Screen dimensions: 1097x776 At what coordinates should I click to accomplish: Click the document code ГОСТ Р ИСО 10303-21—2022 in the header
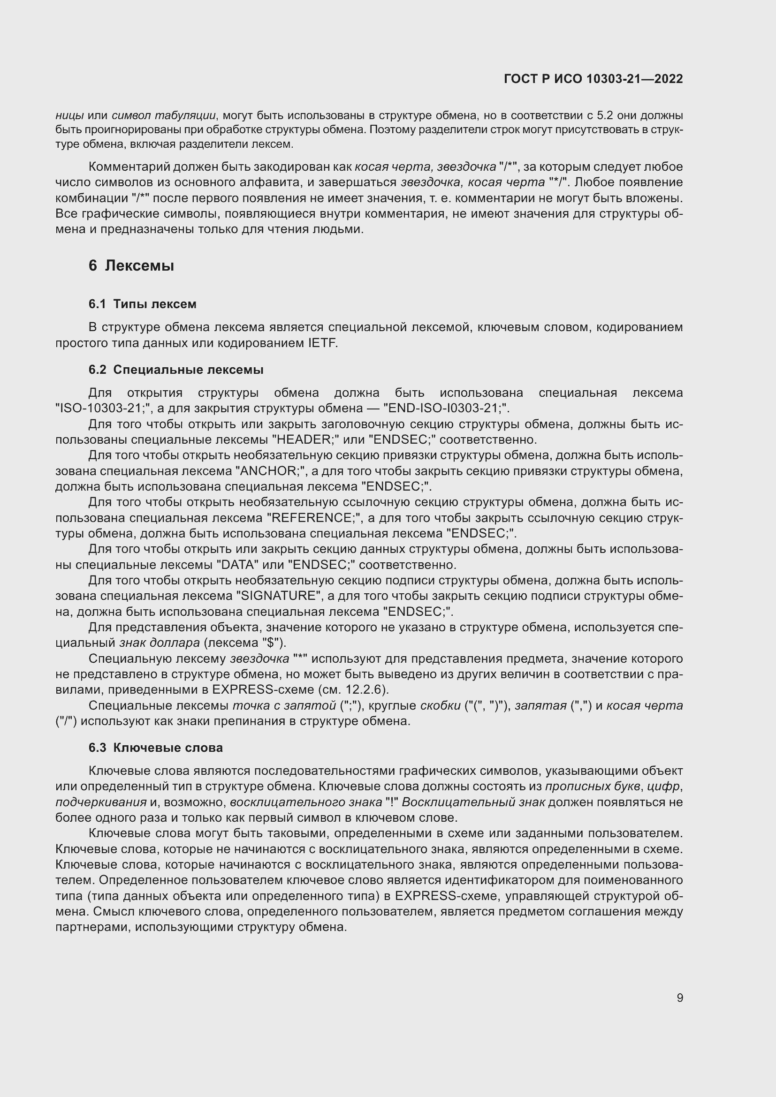pos(593,79)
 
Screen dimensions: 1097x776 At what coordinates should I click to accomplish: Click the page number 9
pos(679,998)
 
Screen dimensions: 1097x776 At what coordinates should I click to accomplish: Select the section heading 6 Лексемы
pos(131,265)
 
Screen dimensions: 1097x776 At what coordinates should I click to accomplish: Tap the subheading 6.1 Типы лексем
pos(143,304)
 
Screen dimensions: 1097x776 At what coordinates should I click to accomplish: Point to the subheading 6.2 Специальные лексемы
pos(176,369)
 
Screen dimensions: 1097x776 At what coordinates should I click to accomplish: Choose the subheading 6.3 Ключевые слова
pos(155,747)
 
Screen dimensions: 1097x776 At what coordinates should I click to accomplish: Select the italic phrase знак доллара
pos(159,643)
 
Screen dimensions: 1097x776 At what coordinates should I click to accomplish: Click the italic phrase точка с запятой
pos(284,705)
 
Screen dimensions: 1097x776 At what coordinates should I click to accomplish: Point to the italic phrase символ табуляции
pos(163,116)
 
